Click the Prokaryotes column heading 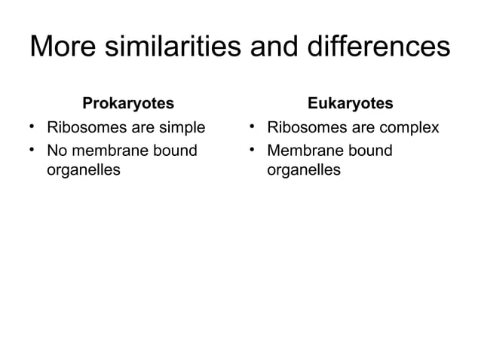coord(127,102)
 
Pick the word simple coord(181,127)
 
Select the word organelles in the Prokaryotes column coord(83,170)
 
